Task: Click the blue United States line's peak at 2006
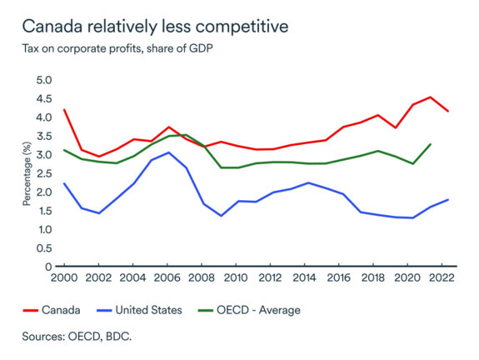pos(168,152)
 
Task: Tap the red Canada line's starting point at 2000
pos(64,110)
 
